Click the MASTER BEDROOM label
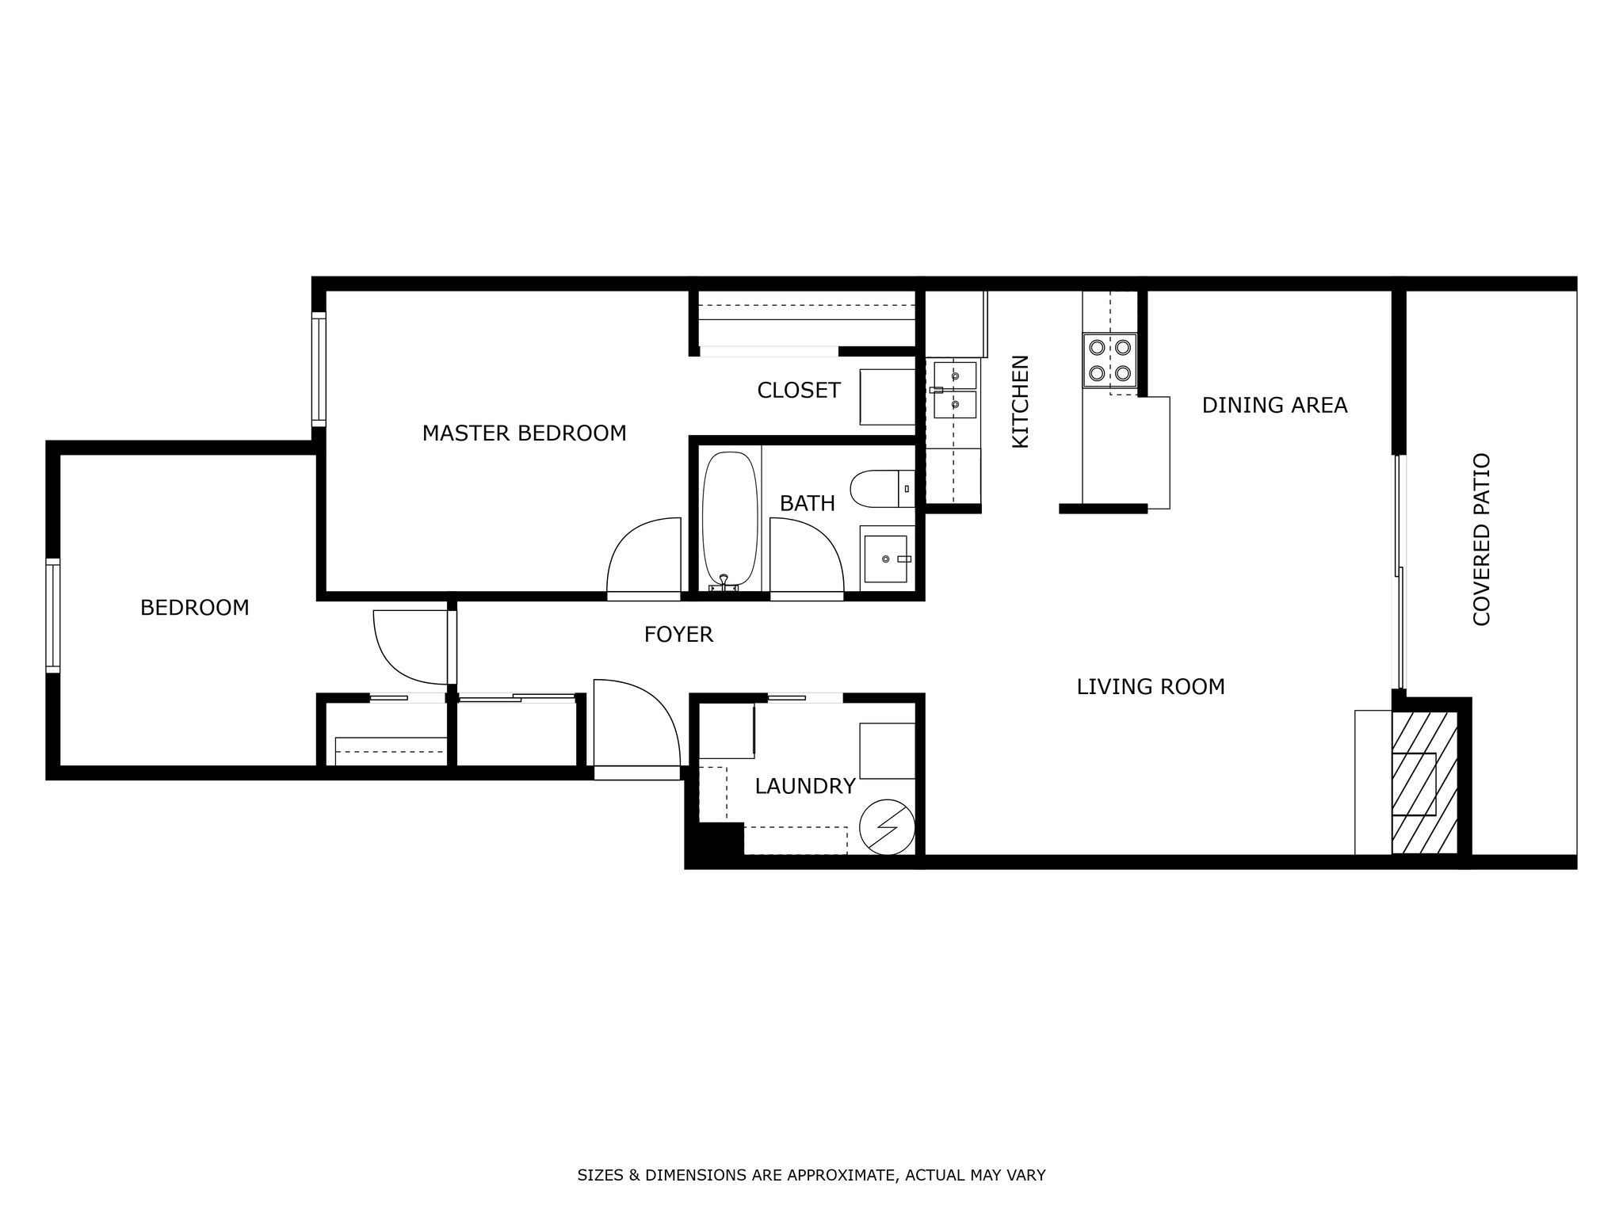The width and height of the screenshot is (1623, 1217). (524, 433)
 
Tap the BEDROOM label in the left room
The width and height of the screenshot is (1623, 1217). (194, 608)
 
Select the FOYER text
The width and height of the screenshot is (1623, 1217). (678, 635)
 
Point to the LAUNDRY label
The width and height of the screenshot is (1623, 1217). (804, 786)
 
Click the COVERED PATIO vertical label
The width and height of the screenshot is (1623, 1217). (1481, 540)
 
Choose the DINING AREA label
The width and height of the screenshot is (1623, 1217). (1274, 405)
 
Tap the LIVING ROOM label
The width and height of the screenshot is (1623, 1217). (1150, 686)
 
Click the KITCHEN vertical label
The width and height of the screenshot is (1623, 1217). (1020, 401)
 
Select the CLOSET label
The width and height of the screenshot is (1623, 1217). (798, 390)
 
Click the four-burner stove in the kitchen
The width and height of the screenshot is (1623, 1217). (1109, 360)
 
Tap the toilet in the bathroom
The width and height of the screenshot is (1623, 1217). (883, 489)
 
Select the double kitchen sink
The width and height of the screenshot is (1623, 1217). (954, 389)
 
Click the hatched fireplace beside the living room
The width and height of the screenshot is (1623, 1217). (1425, 783)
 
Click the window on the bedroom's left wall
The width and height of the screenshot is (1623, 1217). (53, 615)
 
